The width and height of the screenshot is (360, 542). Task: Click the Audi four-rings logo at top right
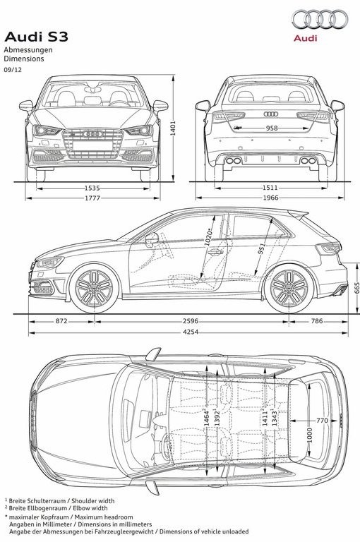click(319, 19)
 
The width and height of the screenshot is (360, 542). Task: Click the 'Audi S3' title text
click(36, 37)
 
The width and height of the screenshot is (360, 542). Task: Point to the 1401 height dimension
click(173, 128)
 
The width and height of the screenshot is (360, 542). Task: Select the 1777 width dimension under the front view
click(92, 198)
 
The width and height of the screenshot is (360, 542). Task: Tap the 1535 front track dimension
click(92, 188)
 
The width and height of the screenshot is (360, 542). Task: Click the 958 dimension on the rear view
click(272, 128)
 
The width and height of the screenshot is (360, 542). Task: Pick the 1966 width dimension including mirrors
click(270, 198)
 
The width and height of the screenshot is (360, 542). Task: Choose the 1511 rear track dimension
click(270, 188)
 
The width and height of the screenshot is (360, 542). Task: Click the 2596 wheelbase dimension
click(191, 321)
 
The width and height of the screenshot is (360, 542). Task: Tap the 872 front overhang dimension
click(61, 321)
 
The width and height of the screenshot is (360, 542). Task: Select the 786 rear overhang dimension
click(317, 321)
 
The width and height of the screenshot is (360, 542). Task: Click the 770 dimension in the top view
click(322, 421)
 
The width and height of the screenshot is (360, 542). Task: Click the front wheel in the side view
click(94, 288)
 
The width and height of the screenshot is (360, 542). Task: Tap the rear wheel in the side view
click(289, 288)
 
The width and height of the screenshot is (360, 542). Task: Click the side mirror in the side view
click(152, 239)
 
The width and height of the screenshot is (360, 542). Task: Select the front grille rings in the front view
click(92, 134)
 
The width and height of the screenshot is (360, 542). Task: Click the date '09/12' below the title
click(13, 69)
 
